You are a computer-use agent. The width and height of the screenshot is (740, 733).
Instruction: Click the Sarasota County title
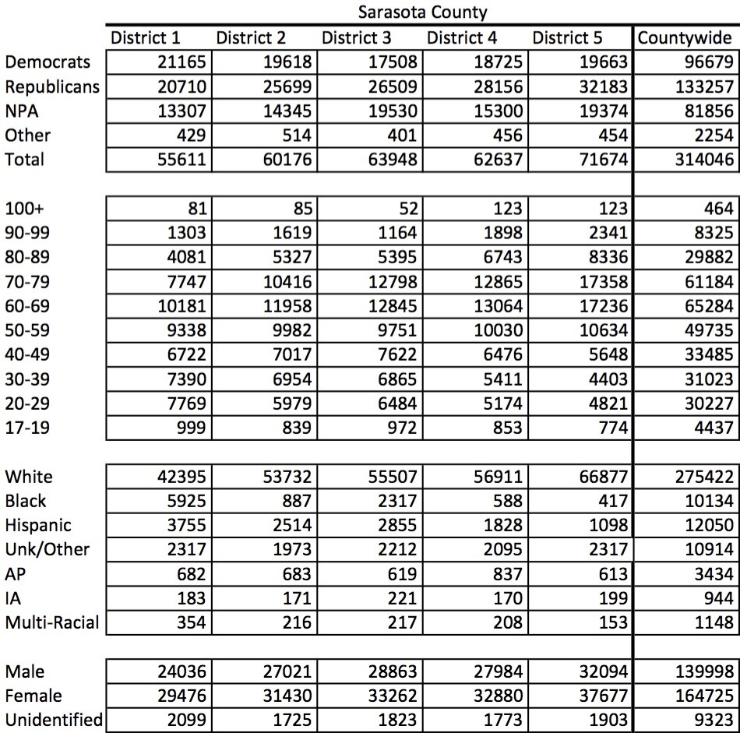pos(422,12)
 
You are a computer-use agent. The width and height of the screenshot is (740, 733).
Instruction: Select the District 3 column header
pos(357,37)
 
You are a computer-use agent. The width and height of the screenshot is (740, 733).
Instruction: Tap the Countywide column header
pos(685,37)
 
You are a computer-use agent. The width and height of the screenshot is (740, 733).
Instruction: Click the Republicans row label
pos(51,86)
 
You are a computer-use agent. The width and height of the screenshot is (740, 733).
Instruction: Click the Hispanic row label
pos(37,525)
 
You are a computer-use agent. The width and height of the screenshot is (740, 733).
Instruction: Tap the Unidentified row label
pos(53,720)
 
